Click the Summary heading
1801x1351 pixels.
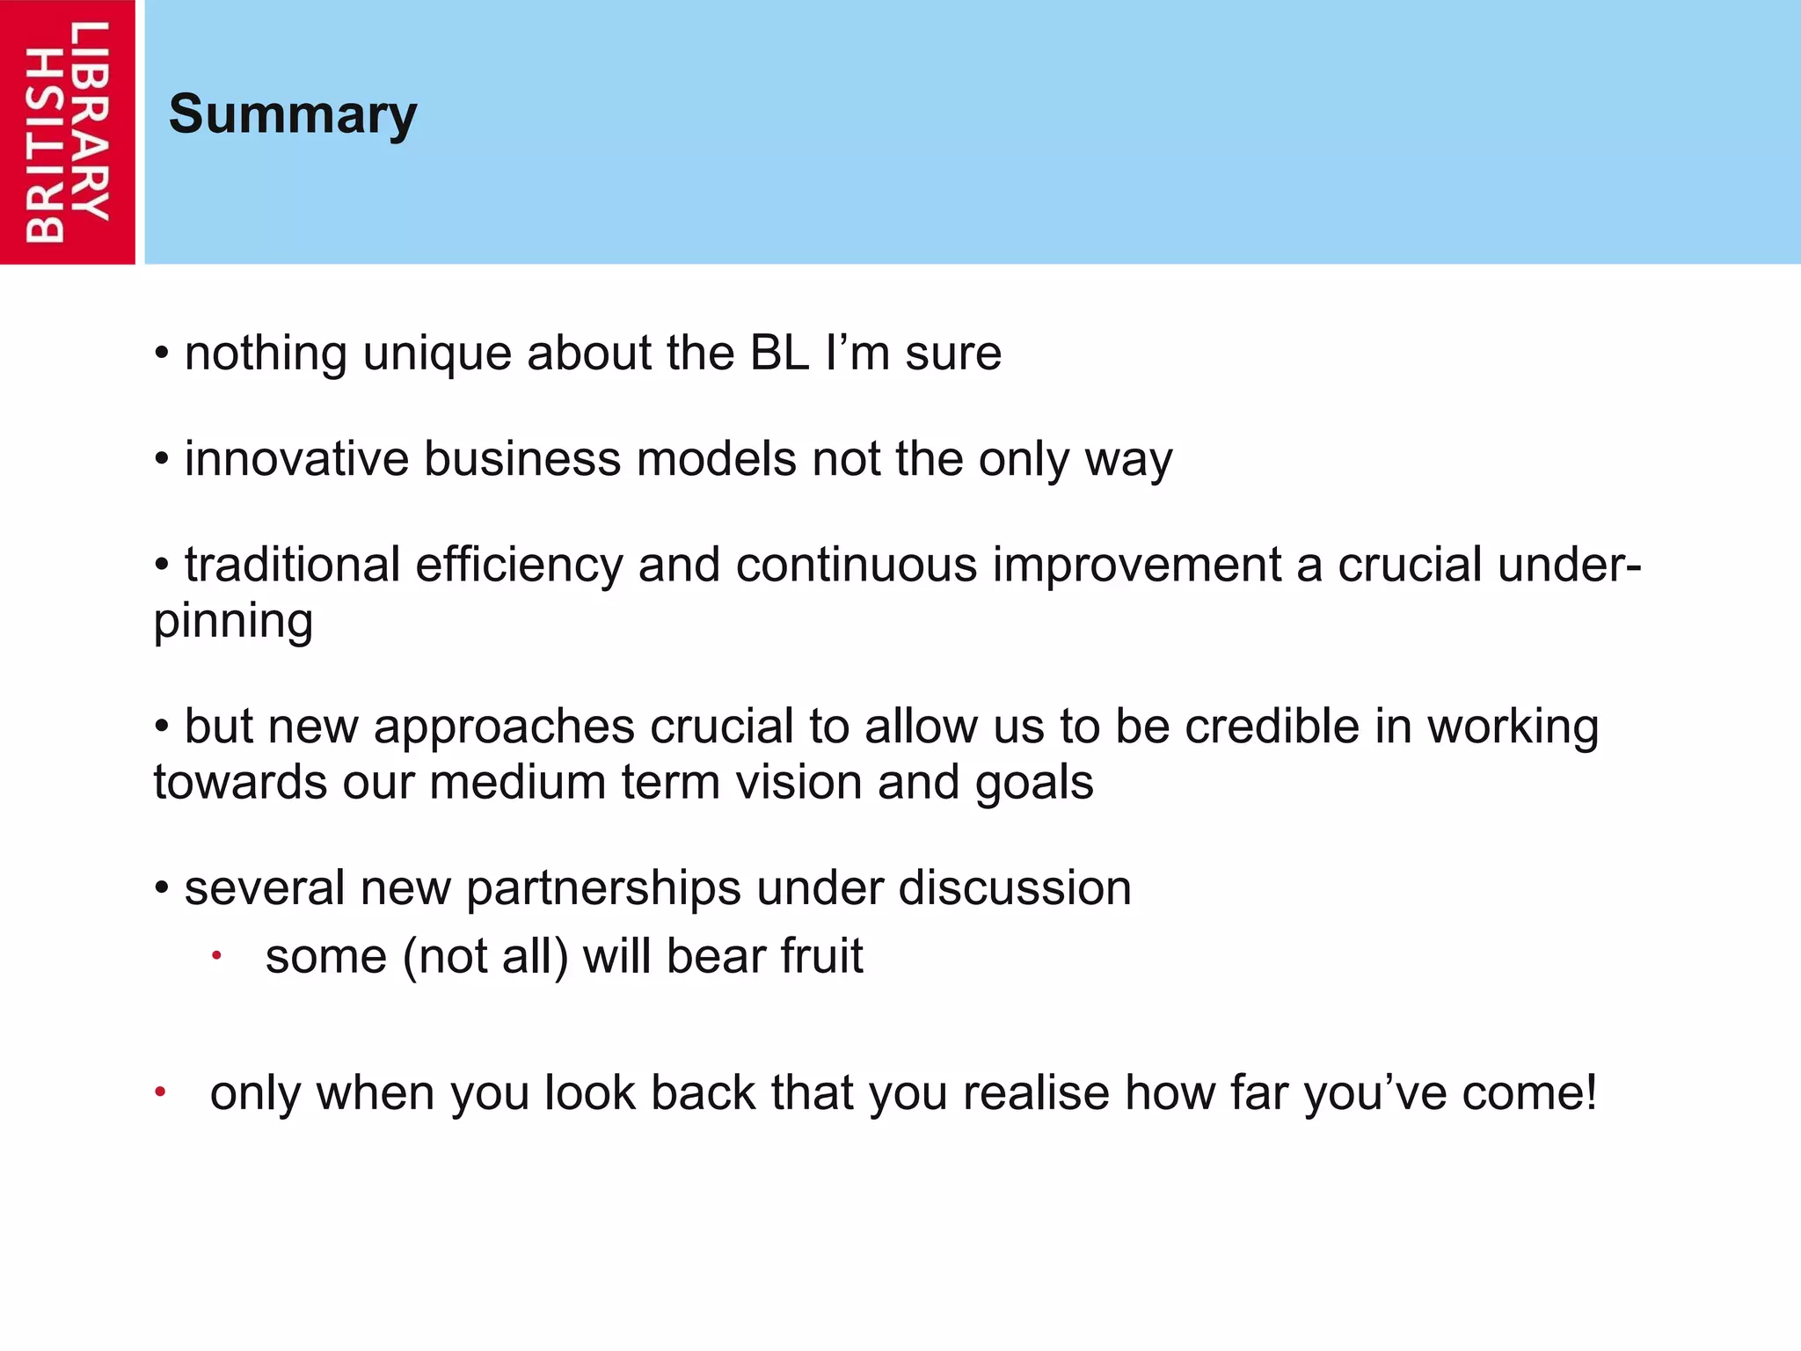[x=293, y=115]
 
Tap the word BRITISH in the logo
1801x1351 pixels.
[x=44, y=145]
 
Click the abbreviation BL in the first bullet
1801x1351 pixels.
[x=779, y=354]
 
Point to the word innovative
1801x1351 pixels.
[x=296, y=459]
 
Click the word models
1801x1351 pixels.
[x=716, y=459]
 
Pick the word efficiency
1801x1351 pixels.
[x=519, y=566]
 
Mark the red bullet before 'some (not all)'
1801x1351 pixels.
[x=216, y=955]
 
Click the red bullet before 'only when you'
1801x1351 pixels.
[x=160, y=1092]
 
